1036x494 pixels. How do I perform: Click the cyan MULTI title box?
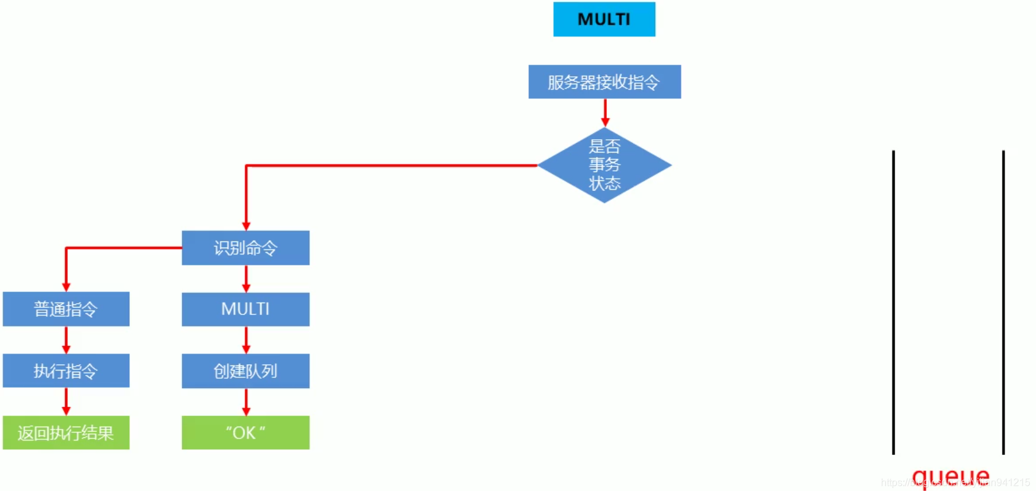tap(604, 20)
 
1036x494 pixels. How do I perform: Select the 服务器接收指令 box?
tap(604, 82)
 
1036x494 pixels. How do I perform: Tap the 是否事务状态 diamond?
tap(604, 165)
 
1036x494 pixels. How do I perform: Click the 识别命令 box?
tap(245, 248)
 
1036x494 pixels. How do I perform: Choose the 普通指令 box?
tap(66, 309)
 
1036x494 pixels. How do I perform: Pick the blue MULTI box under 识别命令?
tap(245, 309)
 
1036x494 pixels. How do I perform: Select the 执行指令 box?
tap(66, 370)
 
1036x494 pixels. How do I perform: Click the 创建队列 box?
tap(245, 370)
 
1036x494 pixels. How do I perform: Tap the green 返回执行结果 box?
tap(66, 432)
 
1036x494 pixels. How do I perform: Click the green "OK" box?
tap(245, 432)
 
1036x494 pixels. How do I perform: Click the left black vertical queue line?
tap(893, 302)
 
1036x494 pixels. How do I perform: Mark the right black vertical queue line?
tap(1003, 302)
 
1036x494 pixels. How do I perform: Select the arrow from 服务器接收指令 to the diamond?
tap(605, 113)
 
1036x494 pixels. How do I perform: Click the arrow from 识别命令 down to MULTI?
tap(246, 279)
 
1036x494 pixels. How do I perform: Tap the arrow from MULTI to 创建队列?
tap(246, 340)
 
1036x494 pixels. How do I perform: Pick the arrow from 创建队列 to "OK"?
tap(246, 401)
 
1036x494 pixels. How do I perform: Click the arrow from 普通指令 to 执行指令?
tap(66, 340)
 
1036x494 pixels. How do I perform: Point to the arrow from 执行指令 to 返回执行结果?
tap(66, 401)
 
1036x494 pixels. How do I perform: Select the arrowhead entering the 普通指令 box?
tap(66, 287)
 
